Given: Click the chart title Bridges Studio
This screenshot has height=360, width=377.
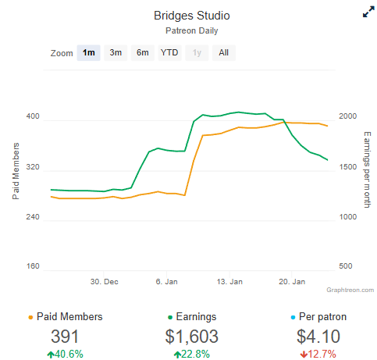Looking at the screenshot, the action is (x=192, y=16).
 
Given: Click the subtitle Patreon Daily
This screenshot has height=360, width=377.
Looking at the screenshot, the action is (x=192, y=30).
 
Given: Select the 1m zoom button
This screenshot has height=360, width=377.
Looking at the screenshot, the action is (x=89, y=53).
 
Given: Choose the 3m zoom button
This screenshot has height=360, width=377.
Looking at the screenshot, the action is (x=116, y=53).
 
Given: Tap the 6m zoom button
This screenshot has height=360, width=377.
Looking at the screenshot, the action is (x=143, y=53).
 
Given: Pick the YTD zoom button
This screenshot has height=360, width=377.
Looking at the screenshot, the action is (x=169, y=53).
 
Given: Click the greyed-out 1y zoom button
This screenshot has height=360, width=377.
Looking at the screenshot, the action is (x=197, y=53).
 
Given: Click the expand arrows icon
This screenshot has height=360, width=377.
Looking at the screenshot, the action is (x=368, y=12).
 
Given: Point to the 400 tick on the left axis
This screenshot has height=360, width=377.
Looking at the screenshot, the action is (x=33, y=116).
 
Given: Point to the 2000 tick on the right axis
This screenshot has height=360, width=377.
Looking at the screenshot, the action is (x=347, y=116).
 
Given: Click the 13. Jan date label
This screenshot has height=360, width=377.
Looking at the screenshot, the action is (x=229, y=282).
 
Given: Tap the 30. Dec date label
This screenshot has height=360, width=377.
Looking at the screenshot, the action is (x=105, y=282).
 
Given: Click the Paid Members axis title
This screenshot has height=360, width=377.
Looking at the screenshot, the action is (x=16, y=171).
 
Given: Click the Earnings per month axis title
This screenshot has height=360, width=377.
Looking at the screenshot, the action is (x=367, y=169).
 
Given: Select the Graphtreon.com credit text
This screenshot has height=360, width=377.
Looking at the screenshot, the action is (x=350, y=290).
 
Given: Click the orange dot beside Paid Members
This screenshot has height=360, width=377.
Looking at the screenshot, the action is (x=30, y=318).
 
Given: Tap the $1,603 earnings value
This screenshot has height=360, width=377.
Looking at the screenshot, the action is (x=192, y=337).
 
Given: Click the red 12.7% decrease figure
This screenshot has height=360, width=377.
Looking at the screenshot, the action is (x=318, y=355).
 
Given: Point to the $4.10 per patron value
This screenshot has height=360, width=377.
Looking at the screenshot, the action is (x=318, y=337).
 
